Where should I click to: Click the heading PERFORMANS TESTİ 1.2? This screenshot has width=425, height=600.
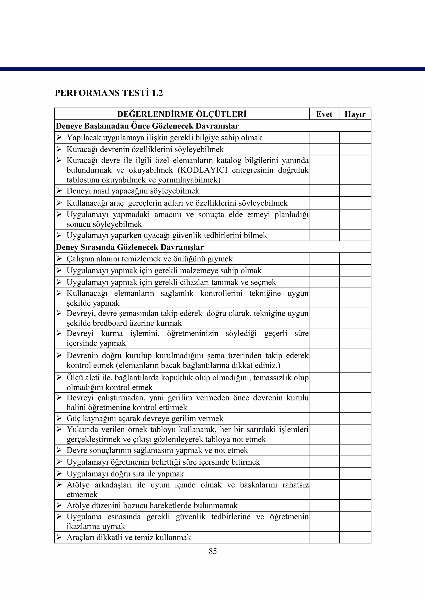(x=109, y=93)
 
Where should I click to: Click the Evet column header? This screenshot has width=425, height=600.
(x=324, y=114)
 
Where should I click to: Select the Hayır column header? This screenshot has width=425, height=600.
(x=355, y=114)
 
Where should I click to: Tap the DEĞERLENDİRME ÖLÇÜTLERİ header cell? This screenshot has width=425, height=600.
(x=182, y=114)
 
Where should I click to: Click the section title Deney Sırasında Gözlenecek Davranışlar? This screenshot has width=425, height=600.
(x=129, y=247)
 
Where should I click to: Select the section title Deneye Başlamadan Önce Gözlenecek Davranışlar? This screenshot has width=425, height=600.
(x=147, y=126)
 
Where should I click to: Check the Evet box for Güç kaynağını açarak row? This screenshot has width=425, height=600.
(x=325, y=418)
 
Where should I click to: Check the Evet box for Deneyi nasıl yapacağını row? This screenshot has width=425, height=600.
(x=325, y=191)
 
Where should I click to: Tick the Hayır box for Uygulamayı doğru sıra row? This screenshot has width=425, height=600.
(x=355, y=474)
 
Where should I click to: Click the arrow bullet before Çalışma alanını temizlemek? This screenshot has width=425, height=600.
(x=59, y=259)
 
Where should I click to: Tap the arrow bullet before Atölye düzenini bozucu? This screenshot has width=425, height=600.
(x=59, y=505)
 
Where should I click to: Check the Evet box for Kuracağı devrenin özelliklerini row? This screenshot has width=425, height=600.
(x=325, y=149)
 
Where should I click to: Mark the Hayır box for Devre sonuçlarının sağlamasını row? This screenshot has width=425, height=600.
(x=355, y=450)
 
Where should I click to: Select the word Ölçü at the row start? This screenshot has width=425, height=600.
(x=74, y=378)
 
